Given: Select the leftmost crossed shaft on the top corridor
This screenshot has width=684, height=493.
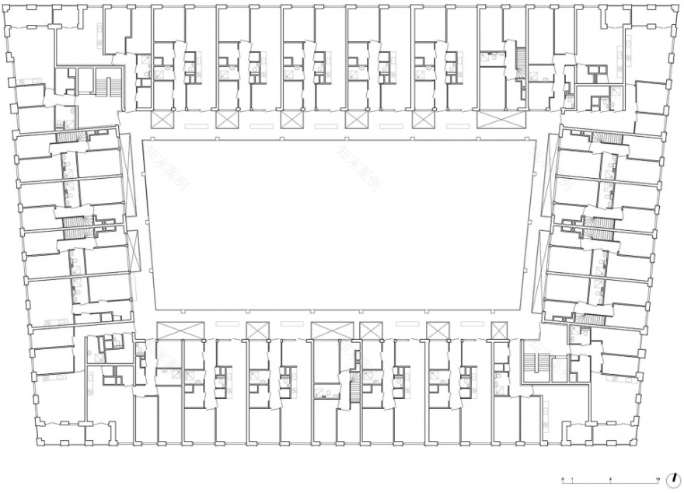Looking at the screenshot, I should (162, 119).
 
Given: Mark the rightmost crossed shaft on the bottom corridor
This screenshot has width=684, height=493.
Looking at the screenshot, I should (498, 330).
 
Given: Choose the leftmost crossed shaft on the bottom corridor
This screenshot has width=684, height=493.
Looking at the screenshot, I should (169, 330).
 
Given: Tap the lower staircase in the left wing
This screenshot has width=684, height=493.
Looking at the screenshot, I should (75, 226).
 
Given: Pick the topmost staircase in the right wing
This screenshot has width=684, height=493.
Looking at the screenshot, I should (610, 138).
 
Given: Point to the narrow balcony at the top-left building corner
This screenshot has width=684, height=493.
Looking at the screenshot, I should (36, 29).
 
